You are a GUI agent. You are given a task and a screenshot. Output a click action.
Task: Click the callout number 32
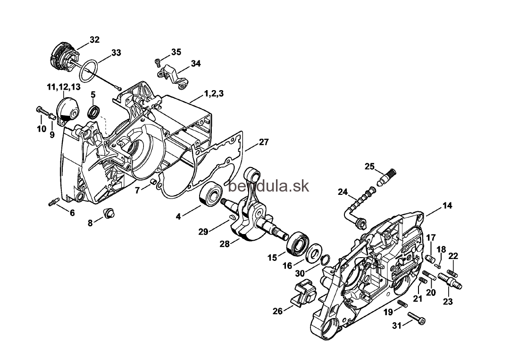click(94, 40)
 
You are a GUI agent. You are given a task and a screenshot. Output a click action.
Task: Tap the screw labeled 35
click(158, 61)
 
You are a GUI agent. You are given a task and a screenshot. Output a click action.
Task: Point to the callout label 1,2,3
click(214, 93)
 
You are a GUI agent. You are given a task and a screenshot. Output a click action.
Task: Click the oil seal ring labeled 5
click(94, 112)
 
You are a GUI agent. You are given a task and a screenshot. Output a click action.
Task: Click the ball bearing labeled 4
click(211, 193)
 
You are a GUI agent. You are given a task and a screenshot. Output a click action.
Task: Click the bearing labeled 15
click(297, 243)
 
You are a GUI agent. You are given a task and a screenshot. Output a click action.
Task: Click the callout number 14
click(447, 206)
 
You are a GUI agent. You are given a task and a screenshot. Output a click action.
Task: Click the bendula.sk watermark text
click(268, 186)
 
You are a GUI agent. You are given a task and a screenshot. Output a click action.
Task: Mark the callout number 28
click(225, 244)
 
